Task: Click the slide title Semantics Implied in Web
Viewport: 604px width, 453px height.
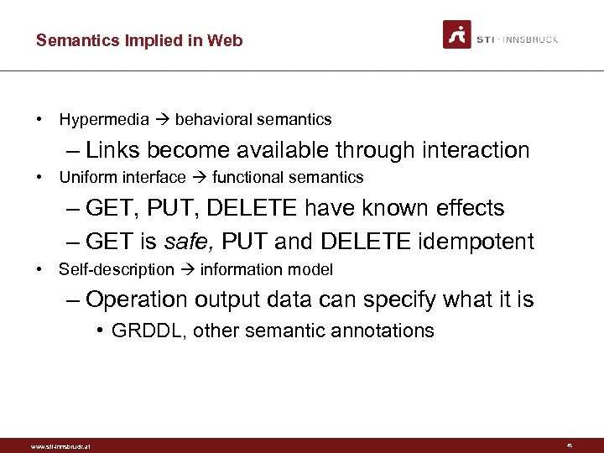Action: [x=139, y=40]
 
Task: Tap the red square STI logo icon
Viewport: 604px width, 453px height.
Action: [x=457, y=34]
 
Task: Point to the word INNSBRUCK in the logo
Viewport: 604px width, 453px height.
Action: [x=532, y=39]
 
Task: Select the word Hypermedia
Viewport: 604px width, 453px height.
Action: [x=104, y=120]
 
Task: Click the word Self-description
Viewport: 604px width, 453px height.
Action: [x=117, y=269]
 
